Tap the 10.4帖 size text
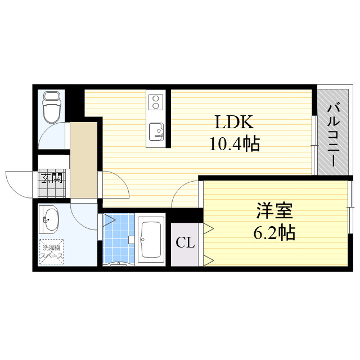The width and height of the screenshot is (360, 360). coord(234,145)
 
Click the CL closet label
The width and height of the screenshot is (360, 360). coord(185,243)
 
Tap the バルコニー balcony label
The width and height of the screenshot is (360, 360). coord(332,134)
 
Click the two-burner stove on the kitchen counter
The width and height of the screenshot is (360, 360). coord(155,102)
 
